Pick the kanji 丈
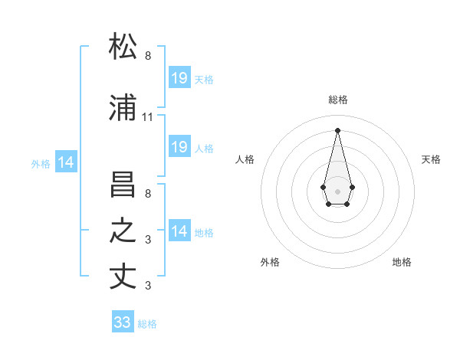[123, 276]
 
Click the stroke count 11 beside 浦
[148, 117]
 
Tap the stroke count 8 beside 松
[148, 56]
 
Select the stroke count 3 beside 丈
[148, 286]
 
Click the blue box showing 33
[123, 322]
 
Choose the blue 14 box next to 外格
[65, 162]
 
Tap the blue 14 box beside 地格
[179, 231]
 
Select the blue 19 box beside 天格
[179, 78]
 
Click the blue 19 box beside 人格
[179, 147]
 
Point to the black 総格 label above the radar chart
[337, 100]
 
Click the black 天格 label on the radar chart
[431, 159]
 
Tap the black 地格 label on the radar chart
[402, 262]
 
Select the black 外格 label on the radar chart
[270, 262]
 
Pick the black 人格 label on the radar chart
[245, 159]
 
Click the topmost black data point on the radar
[337, 129]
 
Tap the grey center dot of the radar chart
[337, 190]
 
